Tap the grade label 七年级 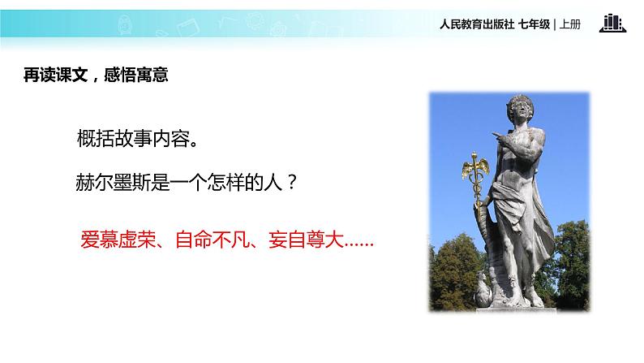click(x=534, y=24)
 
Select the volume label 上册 click(x=570, y=24)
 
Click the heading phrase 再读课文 click(x=54, y=75)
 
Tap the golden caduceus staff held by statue click(x=470, y=175)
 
